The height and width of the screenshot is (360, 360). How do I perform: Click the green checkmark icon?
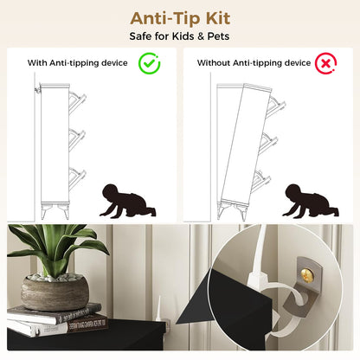[x=149, y=63]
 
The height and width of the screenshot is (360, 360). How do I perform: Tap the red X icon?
[x=325, y=63]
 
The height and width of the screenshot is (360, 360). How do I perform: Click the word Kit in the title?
[x=218, y=18]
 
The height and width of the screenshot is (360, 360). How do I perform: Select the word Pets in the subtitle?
[x=218, y=36]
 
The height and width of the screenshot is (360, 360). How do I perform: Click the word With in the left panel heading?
[x=37, y=63]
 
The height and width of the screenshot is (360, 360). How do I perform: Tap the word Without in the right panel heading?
[x=214, y=63]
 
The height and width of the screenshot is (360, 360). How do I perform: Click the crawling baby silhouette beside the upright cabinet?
[x=127, y=201]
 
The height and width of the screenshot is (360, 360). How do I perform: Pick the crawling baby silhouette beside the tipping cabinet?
[x=311, y=201]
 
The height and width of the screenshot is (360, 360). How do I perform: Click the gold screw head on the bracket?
[x=306, y=272]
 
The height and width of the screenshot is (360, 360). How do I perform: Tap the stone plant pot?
[x=55, y=292]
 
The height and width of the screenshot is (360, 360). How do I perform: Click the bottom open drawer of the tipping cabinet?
[x=261, y=181]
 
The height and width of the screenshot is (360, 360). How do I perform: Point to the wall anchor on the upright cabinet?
[x=37, y=88]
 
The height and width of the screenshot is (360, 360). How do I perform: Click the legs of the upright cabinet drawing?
[x=55, y=211]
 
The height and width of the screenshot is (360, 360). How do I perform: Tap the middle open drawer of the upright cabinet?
[x=77, y=140]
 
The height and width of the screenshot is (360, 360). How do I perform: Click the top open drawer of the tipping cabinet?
[x=276, y=106]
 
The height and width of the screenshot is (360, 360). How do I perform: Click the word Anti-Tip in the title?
[x=165, y=18]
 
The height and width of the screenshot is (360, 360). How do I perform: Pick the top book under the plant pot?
[x=55, y=313]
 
